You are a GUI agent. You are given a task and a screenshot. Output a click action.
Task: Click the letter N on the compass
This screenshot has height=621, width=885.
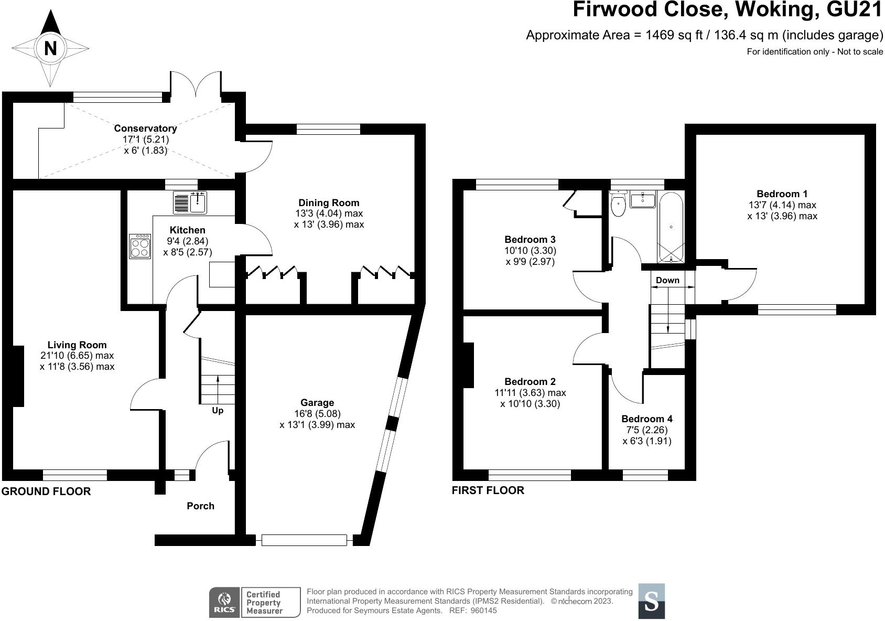tap(50, 48)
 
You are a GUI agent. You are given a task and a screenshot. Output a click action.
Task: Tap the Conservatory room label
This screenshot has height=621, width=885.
tap(145, 129)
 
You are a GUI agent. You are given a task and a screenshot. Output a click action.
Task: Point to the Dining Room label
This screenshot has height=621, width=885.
tap(329, 203)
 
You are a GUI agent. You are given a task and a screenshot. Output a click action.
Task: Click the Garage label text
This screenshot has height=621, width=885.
tap(317, 403)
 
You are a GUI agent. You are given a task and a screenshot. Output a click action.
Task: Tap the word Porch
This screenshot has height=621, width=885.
tap(200, 506)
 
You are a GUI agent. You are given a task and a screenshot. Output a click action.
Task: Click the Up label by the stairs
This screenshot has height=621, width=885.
tap(218, 411)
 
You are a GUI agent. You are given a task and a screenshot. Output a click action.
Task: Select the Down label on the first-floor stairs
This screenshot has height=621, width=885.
tap(667, 281)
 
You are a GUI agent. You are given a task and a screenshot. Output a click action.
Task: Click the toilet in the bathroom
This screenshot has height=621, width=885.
tap(619, 206)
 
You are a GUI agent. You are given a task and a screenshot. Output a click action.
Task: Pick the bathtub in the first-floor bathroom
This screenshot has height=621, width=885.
tap(671, 228)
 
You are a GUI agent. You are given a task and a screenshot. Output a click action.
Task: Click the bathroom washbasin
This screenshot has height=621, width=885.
tap(642, 200)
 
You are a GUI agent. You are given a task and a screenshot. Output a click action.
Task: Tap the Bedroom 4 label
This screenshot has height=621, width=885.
tap(646, 419)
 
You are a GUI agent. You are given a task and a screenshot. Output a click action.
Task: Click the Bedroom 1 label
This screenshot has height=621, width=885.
tap(782, 194)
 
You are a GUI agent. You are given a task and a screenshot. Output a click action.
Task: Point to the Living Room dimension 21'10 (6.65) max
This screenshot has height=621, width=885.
tap(77, 356)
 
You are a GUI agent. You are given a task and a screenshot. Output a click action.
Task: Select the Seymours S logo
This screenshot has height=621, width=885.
tap(651, 601)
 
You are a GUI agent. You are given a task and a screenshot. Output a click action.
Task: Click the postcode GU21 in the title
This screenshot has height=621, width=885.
tap(851, 10)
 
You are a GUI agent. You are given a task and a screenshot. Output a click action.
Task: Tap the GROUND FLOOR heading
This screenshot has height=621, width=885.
tap(46, 491)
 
